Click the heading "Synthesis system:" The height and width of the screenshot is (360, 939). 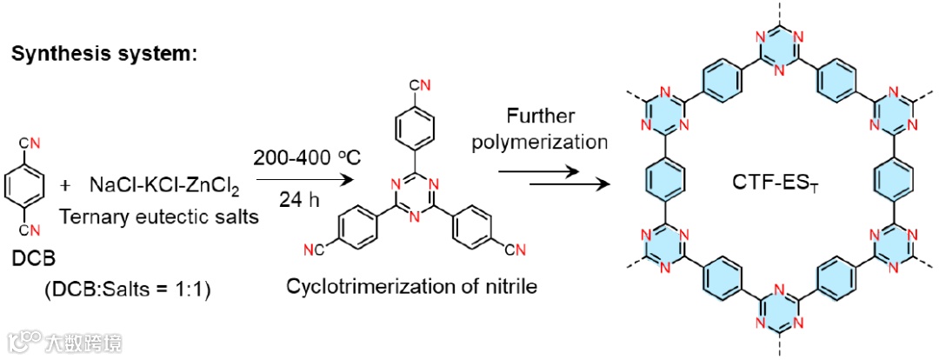click(104, 54)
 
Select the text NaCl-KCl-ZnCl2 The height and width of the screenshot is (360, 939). click(156, 187)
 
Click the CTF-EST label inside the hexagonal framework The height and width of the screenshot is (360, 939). click(769, 185)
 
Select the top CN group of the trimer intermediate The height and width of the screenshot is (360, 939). click(418, 85)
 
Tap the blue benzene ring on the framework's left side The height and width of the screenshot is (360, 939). click(656, 179)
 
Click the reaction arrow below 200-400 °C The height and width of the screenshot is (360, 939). click(295, 181)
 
